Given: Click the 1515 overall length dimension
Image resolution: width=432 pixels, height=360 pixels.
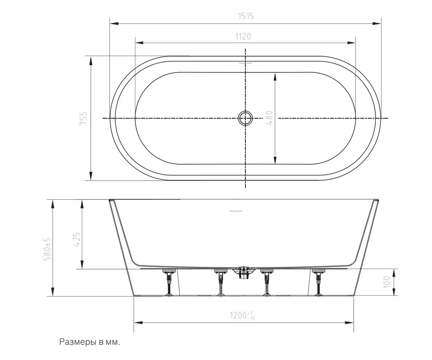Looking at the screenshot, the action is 246,17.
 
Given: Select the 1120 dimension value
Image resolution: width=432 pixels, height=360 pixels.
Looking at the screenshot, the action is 243,36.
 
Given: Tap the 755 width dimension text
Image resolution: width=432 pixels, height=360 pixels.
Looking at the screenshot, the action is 83,118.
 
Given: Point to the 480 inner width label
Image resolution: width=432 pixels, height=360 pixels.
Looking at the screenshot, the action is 269,118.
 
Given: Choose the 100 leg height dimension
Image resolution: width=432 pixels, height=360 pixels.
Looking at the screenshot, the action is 387,282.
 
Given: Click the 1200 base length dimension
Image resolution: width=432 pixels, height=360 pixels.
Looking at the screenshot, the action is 242,315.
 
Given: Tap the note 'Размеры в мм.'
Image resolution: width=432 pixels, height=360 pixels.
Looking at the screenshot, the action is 90,342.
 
